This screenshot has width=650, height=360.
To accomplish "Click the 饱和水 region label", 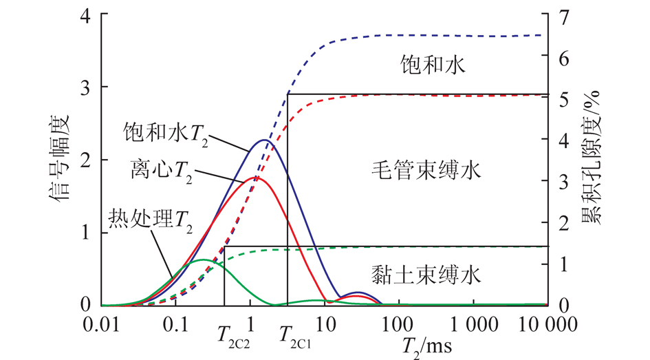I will click(433, 65).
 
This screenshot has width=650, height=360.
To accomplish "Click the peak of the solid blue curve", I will click(265, 140).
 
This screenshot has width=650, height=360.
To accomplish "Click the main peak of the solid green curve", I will click(202, 260).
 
